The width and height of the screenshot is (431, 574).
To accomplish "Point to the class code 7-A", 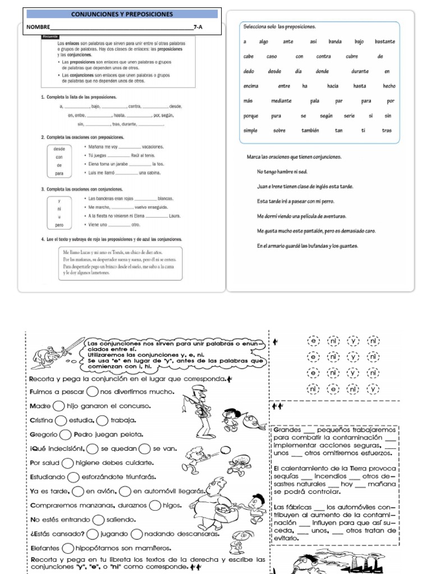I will [x=197, y=27].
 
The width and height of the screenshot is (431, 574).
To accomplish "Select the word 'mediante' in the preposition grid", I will [x=282, y=101].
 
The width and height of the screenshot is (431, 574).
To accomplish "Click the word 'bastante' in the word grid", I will [x=384, y=41].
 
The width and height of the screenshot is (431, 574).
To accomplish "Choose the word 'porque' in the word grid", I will [x=251, y=115].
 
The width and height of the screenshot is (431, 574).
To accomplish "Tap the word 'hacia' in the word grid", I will [x=333, y=86].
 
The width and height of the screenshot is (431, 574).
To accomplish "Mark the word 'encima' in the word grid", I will [x=251, y=86].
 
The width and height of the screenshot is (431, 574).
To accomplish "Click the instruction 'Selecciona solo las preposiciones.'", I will [x=279, y=27].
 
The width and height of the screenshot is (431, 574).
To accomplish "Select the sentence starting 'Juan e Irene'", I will [x=305, y=186].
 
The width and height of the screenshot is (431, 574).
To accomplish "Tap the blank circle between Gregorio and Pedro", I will [x=65, y=434].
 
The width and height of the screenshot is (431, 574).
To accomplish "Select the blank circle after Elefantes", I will [x=68, y=548].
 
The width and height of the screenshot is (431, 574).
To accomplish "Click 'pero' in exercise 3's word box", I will [x=59, y=225].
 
